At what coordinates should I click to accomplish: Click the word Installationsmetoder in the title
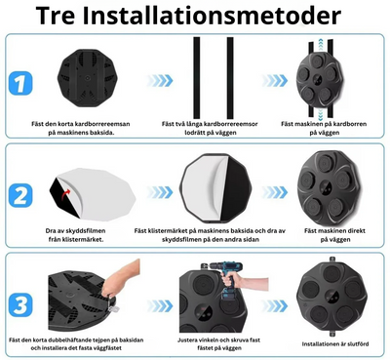click(x=223, y=17)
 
